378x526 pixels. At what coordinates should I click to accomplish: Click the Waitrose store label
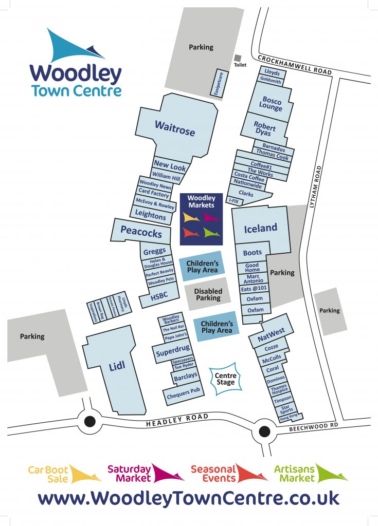coord(175,128)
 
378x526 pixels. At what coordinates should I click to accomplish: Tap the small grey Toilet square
coord(238,58)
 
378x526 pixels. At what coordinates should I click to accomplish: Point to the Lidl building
coord(117,366)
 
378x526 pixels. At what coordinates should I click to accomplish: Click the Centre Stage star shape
coord(225,380)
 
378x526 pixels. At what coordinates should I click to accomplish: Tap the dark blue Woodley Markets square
coord(201,218)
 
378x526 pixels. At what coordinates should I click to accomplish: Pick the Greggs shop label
coord(155,251)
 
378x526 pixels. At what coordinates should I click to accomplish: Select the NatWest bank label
coord(271,335)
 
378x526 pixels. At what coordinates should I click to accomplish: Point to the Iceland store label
coord(260,228)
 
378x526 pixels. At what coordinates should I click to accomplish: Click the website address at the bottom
coord(189,498)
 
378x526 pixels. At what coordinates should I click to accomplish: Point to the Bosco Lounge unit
coord(272,103)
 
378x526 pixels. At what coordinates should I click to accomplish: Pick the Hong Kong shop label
coord(289,418)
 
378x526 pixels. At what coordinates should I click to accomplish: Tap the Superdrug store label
coord(174,352)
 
